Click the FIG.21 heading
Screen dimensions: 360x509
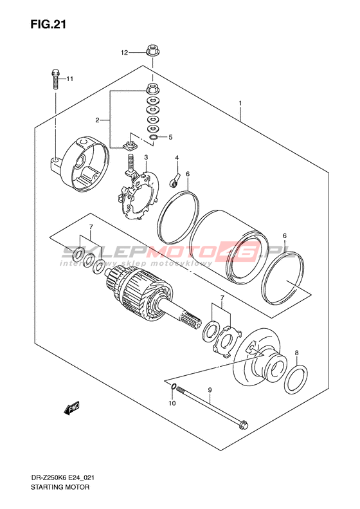[x=48, y=24]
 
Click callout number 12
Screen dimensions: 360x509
[x=125, y=53]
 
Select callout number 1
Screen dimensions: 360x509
[x=240, y=103]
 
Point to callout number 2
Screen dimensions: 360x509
[x=97, y=120]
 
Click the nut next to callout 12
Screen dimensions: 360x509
[x=152, y=51]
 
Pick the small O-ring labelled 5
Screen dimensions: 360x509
[x=154, y=137]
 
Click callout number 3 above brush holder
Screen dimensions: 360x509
[x=147, y=158]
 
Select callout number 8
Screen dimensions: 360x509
[x=296, y=353]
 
